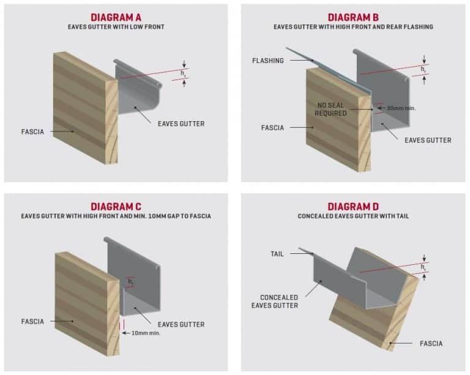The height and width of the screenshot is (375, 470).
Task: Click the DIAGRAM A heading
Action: coord(116,17)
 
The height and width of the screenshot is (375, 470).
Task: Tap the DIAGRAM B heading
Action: coord(353,17)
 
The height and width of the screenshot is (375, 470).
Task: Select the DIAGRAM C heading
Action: coord(116,206)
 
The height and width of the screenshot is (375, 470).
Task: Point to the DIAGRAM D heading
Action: coord(353,206)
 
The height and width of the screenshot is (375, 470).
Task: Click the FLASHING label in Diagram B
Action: coord(267,61)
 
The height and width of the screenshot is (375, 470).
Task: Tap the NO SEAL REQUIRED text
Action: coord(330,109)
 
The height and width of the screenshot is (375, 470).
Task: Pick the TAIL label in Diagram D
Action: coord(277,253)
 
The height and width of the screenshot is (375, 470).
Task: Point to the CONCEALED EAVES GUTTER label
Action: coord(275,301)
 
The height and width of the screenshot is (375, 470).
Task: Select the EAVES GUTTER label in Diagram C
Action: coord(181,324)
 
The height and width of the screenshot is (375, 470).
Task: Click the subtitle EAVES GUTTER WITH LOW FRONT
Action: coord(116,28)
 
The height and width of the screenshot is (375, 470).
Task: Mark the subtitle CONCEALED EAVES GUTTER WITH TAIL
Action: coord(353,216)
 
